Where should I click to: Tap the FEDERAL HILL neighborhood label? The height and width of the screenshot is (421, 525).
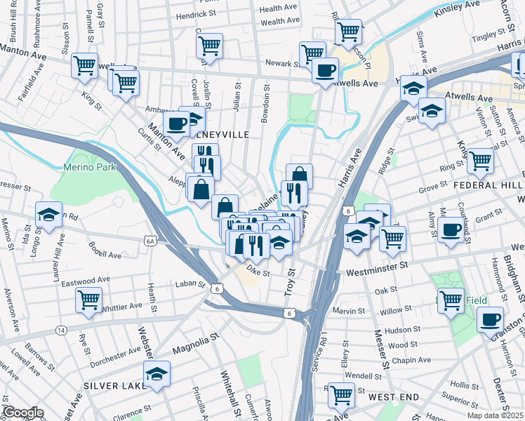(x=489, y=185)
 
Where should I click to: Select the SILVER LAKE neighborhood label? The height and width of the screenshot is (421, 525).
(x=113, y=387)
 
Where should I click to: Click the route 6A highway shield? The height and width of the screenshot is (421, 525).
(x=150, y=241)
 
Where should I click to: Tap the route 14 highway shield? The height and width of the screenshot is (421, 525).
(x=62, y=329)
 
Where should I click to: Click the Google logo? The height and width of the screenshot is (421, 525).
(x=22, y=413)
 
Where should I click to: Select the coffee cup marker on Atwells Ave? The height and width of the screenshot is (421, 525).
(x=326, y=70)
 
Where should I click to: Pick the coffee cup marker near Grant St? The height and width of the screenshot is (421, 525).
(x=450, y=229)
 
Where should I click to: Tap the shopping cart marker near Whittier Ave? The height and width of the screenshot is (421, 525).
(x=89, y=300)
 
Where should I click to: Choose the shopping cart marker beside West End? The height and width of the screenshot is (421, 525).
(x=342, y=395)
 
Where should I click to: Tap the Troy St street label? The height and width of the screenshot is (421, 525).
(x=288, y=288)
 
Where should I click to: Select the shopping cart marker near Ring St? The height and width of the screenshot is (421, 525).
(x=480, y=161)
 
